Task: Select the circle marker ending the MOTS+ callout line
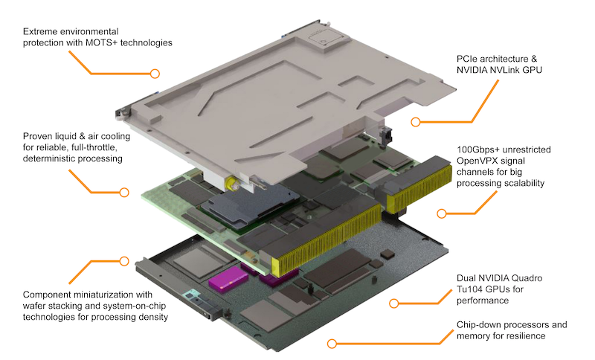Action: pos(155,73)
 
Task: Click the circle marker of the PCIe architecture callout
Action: pos(416,122)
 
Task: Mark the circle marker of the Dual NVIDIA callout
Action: pos(395,303)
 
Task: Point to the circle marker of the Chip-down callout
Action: pos(332,344)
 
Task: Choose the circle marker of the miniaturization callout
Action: pos(123,261)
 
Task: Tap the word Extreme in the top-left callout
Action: pos(42,32)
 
